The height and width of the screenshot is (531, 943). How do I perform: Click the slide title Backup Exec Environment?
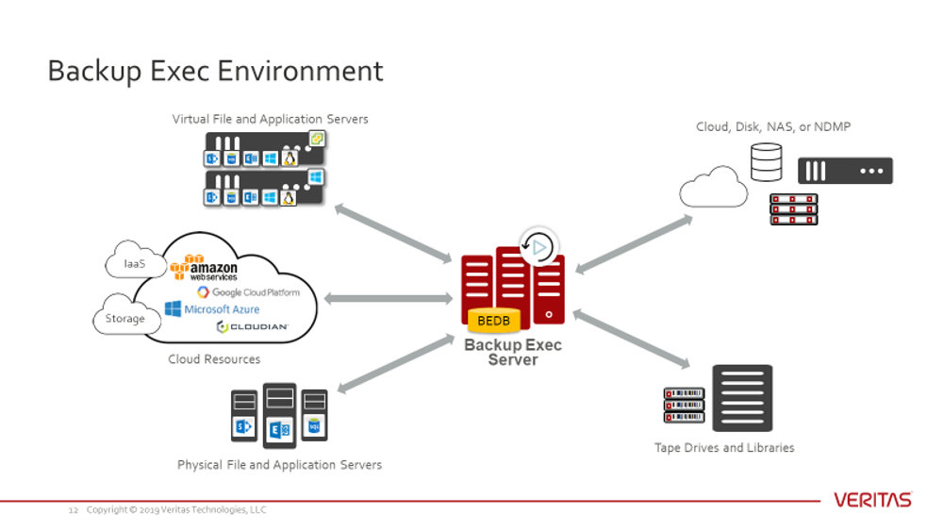215,72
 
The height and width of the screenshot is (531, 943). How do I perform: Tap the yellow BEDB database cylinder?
493,322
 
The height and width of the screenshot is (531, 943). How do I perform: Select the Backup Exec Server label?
512,352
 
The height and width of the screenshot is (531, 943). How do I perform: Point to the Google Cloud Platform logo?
248,292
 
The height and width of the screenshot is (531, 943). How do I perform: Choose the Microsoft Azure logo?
212,309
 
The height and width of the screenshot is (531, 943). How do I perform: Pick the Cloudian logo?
252,327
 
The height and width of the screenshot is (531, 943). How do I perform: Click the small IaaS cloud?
135,263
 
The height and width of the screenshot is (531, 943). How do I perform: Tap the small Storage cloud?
124,319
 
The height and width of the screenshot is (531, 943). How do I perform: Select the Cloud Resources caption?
214,359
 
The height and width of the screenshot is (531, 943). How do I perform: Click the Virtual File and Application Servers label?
270,120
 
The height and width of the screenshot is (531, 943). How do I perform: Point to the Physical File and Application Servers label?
279,465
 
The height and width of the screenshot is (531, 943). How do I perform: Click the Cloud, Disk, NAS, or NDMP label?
773,126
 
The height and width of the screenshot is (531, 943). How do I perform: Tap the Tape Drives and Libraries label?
724,448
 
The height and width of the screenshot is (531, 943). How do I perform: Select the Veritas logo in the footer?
872,500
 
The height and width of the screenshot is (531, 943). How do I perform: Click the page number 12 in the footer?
73,510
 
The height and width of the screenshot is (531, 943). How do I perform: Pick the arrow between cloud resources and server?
389,299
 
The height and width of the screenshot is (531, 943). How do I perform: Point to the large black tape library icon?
742,398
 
